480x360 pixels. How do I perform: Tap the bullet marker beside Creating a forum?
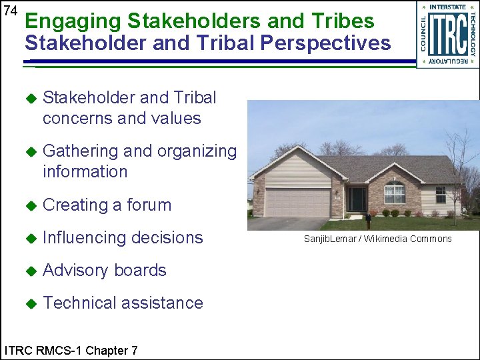[29, 205]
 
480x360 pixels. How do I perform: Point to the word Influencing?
[82, 238]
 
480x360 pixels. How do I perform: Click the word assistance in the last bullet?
[162, 303]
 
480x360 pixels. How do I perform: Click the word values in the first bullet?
[177, 119]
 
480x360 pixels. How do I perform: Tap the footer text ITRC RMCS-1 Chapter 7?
[71, 350]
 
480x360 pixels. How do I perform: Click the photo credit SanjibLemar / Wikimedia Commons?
[377, 239]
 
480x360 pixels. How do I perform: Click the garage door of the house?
[297, 203]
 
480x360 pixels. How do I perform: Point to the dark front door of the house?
[359, 199]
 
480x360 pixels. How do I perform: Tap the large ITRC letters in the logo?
[447, 35]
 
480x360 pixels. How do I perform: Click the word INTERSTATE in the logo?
[447, 7]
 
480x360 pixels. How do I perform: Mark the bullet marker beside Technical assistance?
[29, 303]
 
